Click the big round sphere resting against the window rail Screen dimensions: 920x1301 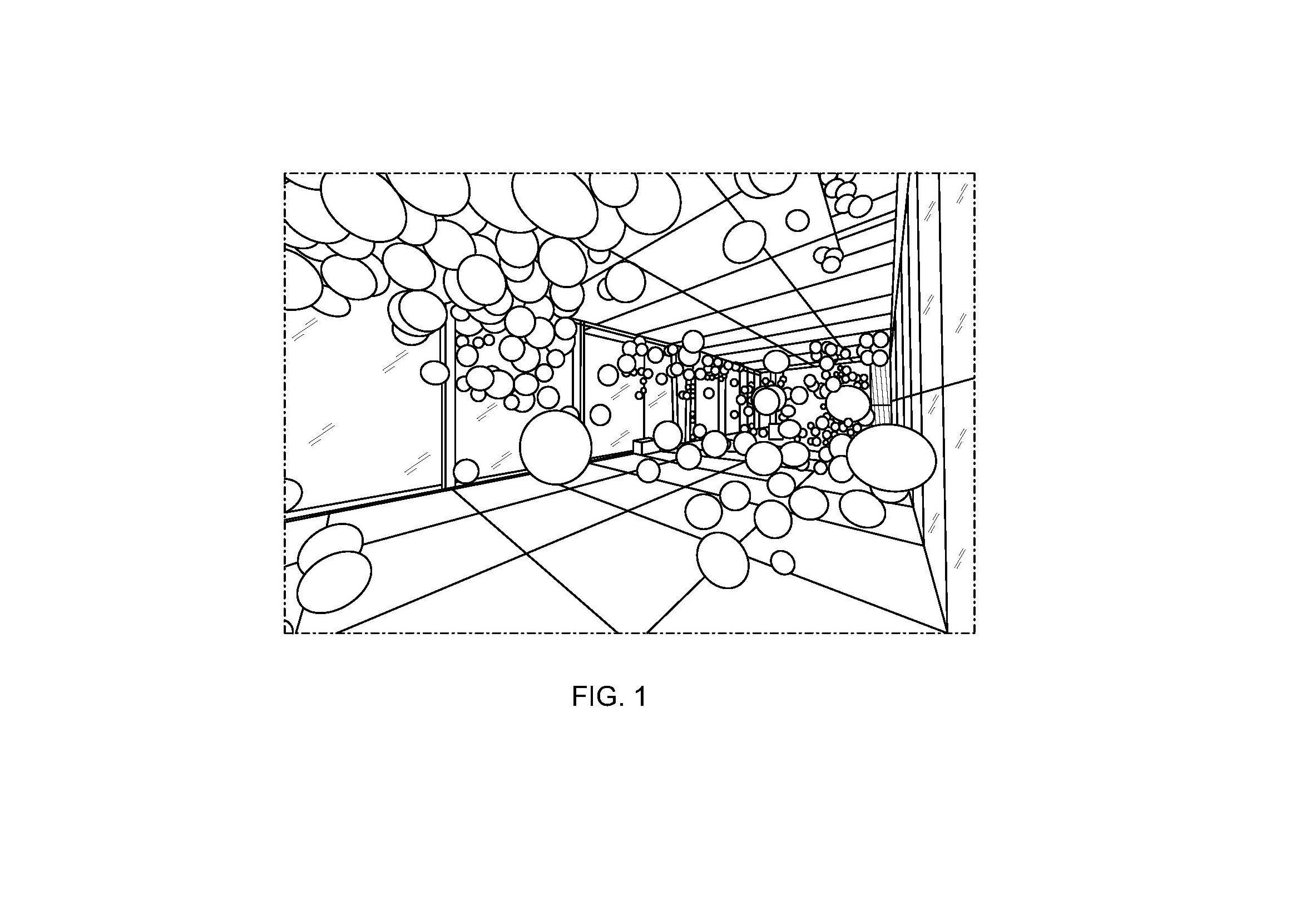[x=555, y=448]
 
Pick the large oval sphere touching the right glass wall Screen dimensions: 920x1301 [x=891, y=458]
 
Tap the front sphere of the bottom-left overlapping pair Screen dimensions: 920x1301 [x=334, y=582]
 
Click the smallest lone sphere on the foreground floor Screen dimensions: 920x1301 [x=783, y=562]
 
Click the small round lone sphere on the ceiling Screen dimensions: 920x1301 [x=798, y=220]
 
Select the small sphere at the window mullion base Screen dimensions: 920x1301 [x=466, y=471]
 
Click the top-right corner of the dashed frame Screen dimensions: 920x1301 [x=974, y=174]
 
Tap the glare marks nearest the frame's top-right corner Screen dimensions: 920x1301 [x=960, y=194]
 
